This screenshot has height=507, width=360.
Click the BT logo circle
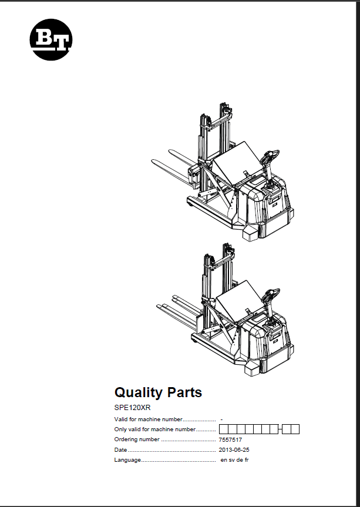pos(51,39)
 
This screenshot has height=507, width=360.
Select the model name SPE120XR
pos(133,408)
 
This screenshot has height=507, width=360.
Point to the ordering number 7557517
pos(230,440)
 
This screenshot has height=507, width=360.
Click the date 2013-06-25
pos(234,450)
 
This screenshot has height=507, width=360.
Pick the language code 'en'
pos(224,460)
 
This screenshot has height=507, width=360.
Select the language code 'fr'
pos(247,460)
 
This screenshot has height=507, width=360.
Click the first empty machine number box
pos(224,429)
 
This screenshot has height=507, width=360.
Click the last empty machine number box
pos(295,429)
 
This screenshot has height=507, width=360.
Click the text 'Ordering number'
pos(137,439)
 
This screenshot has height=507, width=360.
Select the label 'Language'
pos(127,460)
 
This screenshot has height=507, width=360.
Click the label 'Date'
pos(120,450)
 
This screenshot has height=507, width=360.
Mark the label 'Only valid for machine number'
pos(155,429)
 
